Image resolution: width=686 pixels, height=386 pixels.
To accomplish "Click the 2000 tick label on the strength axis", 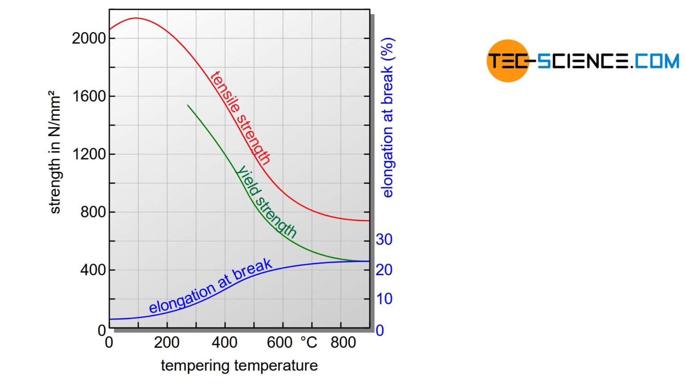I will pos(89,38).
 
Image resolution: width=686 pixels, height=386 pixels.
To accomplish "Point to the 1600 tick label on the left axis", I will pos(89,96).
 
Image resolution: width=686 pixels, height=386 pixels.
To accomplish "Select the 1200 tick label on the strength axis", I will pos(89,154).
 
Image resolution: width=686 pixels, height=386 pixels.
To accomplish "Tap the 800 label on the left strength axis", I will pos(93,212).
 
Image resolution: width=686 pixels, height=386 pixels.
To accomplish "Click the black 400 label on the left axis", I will pos(93,270).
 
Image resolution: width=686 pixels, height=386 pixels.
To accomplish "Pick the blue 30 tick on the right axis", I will pos(384,240).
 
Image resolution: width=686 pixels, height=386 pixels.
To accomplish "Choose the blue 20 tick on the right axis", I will pos(384,270).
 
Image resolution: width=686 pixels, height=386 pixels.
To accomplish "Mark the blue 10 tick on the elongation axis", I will pos(384,299).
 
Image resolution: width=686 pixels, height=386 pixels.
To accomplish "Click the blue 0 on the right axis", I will pos(380,331).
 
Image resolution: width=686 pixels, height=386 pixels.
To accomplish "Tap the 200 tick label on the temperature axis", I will pos(167,343).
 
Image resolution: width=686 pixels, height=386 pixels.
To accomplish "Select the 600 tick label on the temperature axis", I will pos(280,343).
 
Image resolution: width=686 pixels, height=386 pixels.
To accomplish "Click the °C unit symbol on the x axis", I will pos(309,343).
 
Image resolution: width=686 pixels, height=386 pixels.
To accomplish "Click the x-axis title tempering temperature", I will pos(239,365).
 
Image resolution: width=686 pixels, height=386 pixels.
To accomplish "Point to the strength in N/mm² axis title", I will pos(54,152).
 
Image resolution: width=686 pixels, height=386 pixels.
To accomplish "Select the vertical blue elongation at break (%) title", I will pos(387,117).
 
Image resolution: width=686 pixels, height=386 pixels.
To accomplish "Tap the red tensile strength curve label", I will pos(240,118).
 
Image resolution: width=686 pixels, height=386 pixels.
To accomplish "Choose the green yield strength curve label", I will pos(267,201).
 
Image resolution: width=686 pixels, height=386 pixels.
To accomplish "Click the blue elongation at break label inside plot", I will pos(210,286).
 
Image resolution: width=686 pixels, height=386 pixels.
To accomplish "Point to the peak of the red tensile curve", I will pos(136,18).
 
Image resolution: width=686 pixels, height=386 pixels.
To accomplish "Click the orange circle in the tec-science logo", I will pos(507,61).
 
